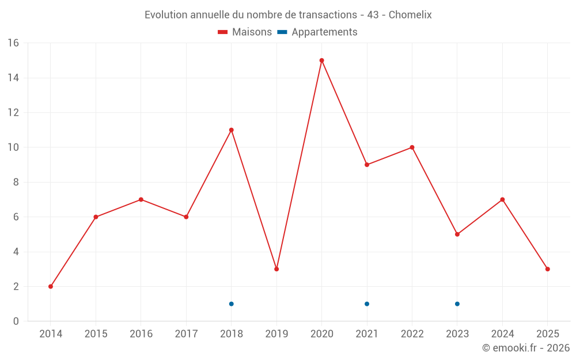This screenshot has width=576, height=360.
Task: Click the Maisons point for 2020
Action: (x=321, y=60)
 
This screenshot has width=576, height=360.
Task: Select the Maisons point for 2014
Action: (x=51, y=286)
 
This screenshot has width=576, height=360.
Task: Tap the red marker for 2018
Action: (x=231, y=130)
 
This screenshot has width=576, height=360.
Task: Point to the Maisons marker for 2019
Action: (x=276, y=269)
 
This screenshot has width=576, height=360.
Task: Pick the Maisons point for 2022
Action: (x=412, y=147)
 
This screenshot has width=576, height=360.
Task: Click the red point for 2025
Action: (x=547, y=269)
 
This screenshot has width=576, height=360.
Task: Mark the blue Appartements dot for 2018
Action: (x=231, y=304)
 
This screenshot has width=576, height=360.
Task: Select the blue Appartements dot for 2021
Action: (x=367, y=304)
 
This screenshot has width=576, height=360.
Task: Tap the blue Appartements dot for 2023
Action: (x=457, y=304)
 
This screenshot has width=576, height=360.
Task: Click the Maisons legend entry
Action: (x=245, y=32)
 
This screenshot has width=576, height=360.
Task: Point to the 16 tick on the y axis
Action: (x=13, y=43)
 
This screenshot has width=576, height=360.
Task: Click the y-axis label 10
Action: (x=13, y=147)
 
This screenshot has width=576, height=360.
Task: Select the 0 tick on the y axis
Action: (x=16, y=321)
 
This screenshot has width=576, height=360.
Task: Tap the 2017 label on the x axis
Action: (x=186, y=334)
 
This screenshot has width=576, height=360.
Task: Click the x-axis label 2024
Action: (x=502, y=334)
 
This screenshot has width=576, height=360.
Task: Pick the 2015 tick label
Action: (x=96, y=334)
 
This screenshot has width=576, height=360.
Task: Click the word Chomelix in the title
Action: (x=410, y=15)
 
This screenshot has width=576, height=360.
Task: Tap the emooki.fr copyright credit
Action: (x=525, y=348)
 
